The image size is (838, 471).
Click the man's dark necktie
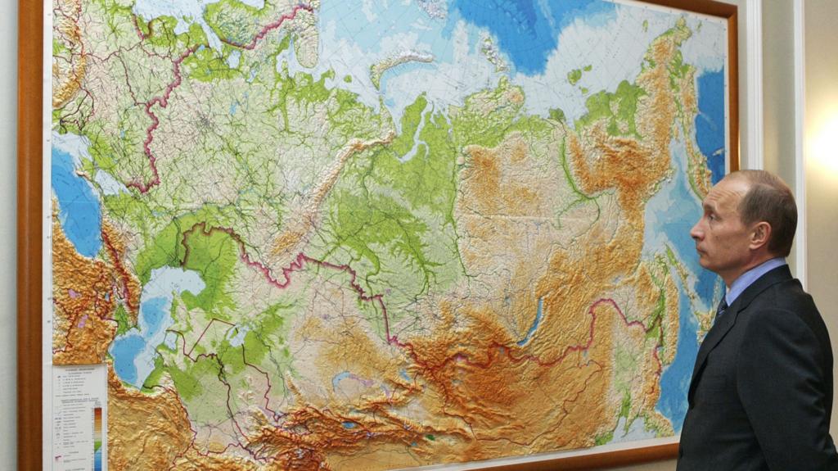721,308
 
